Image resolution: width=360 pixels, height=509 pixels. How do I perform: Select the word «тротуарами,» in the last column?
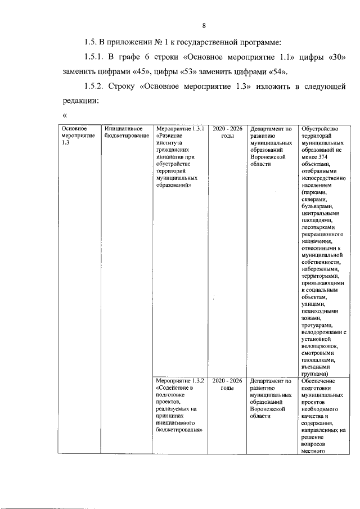tap(317, 325)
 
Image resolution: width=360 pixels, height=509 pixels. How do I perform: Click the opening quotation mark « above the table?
tap(64, 116)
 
